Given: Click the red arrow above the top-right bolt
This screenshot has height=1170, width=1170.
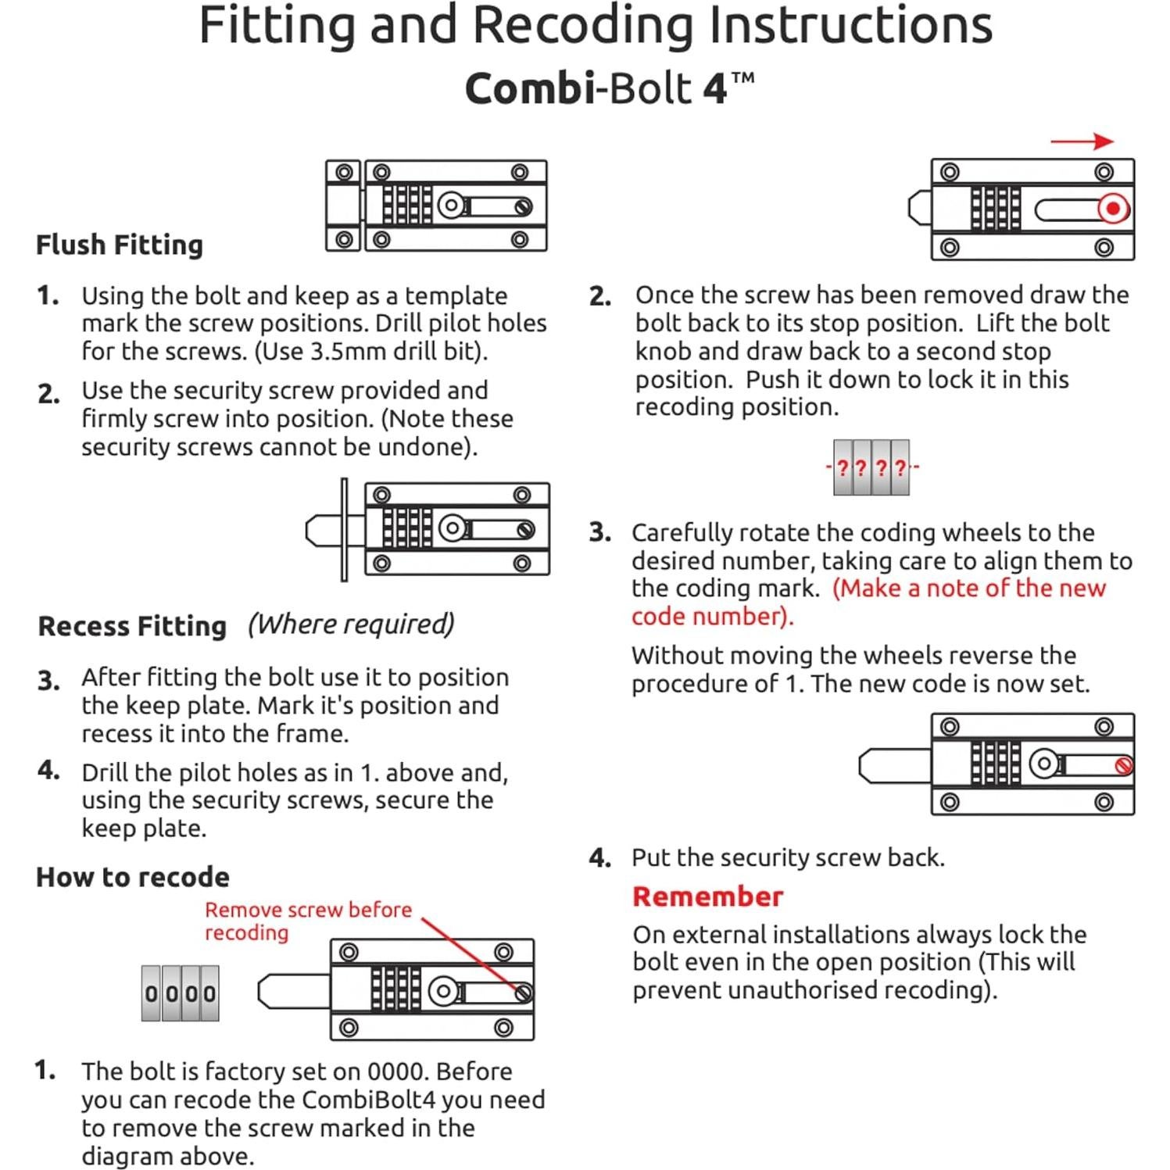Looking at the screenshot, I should tap(1082, 141).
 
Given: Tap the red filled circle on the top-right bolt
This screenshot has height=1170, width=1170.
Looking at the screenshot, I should tap(1113, 209).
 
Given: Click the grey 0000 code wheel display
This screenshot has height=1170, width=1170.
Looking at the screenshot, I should tap(180, 993).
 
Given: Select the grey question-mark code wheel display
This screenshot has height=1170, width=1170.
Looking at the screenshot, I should tap(871, 467).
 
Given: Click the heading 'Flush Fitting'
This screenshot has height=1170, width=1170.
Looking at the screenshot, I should tap(120, 245).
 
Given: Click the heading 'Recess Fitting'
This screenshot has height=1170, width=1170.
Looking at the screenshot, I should tap(132, 626).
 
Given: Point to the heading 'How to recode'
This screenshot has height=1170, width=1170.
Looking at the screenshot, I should tap(133, 877).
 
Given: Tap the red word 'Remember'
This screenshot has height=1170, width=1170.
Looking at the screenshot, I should tap(707, 896).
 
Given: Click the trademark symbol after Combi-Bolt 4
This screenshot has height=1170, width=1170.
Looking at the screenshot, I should tap(743, 78).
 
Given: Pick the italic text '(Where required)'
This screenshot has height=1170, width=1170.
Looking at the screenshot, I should tap(351, 624).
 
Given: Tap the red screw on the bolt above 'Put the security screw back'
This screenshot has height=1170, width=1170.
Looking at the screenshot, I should tap(1124, 766).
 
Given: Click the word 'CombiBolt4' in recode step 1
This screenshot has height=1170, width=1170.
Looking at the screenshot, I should tap(368, 1100).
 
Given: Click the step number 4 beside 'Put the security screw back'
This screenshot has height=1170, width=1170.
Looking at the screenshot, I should tap(599, 858).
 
